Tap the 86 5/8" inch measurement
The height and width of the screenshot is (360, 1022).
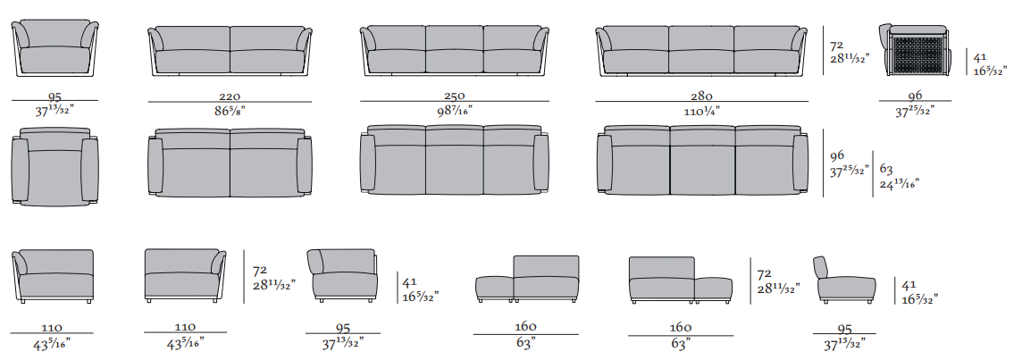click(x=230, y=110)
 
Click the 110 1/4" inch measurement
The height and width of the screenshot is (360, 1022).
click(x=701, y=110)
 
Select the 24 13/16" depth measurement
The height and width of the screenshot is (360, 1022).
click(x=898, y=183)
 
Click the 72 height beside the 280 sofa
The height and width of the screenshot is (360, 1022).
click(x=837, y=44)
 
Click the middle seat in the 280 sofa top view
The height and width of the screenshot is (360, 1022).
click(x=701, y=161)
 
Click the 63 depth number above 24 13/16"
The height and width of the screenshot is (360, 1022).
click(x=887, y=168)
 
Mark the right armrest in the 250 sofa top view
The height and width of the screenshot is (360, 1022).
click(x=540, y=161)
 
